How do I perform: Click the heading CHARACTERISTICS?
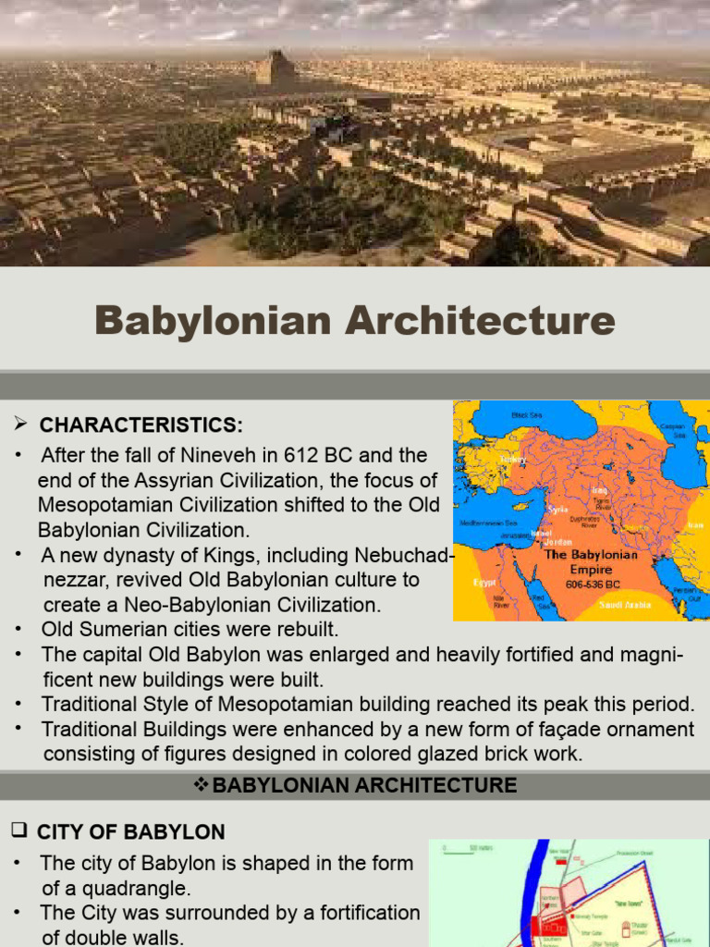click(x=141, y=424)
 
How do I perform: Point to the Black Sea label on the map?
click(x=528, y=416)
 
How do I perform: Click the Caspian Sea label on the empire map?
click(x=672, y=431)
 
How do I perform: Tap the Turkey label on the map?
click(x=511, y=458)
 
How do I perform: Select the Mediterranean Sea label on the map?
click(x=485, y=523)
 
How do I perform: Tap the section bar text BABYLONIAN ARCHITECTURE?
click(x=364, y=786)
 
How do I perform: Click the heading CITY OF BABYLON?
click(x=130, y=831)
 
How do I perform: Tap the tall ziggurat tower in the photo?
click(x=275, y=68)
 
